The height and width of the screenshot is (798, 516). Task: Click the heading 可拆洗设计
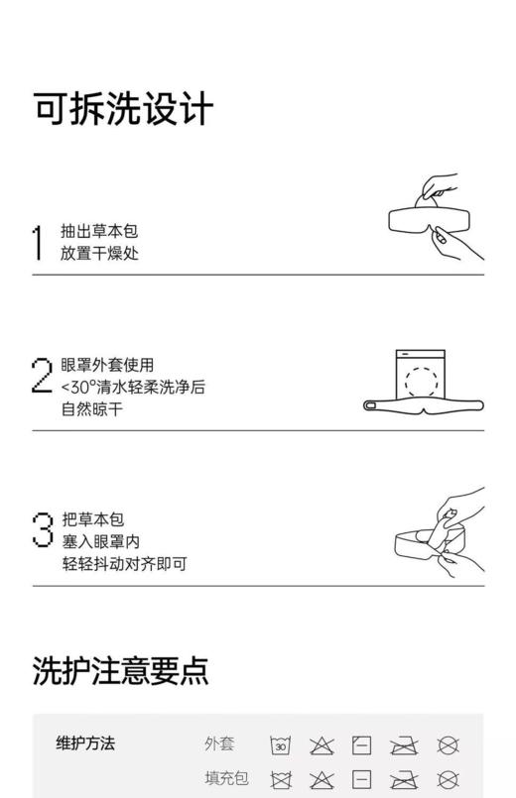point(123,110)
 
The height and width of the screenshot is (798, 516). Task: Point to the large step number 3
point(42,527)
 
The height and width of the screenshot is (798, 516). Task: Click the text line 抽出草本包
point(99,231)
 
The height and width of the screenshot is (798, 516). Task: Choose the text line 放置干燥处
point(99,253)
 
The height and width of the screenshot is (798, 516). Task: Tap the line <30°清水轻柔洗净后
point(133,387)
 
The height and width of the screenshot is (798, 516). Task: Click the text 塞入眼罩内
point(99,541)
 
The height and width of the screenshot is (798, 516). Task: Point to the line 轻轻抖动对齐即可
point(123,564)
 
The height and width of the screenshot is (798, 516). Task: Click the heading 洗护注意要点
point(120,670)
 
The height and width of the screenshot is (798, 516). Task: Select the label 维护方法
point(85,742)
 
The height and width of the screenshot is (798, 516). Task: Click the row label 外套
point(219,743)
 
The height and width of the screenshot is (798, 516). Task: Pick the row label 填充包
point(226,778)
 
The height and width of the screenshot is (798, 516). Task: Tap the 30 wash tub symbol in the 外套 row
point(281,745)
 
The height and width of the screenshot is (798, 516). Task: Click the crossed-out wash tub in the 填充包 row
point(281,779)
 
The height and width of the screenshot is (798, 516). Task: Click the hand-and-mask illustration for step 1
point(435,217)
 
